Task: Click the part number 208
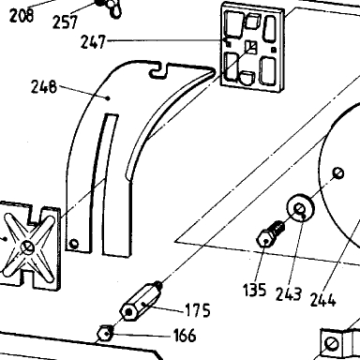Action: (x=22, y=15)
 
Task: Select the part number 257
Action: (x=65, y=22)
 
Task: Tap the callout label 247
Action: (x=94, y=41)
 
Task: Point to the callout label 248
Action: (x=44, y=86)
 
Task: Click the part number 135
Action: (x=255, y=290)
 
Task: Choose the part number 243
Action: (x=289, y=294)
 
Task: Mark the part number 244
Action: (x=322, y=300)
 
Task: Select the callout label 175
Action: (x=198, y=310)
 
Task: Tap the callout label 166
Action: (x=185, y=336)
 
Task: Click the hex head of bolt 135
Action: (x=265, y=240)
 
